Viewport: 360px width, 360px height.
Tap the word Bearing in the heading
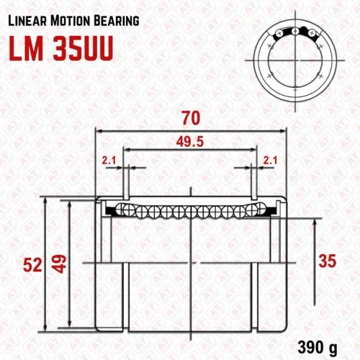coord(117,21)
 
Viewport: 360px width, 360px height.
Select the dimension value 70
coord(191,118)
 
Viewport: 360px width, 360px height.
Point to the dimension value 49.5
coord(190,142)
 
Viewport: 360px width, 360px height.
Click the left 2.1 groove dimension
coord(109,161)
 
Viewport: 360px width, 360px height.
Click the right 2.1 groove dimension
coord(270,161)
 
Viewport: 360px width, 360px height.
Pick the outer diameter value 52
coord(32,266)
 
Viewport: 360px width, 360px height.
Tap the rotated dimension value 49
coord(59,264)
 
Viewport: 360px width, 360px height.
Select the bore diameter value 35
coord(328,261)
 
